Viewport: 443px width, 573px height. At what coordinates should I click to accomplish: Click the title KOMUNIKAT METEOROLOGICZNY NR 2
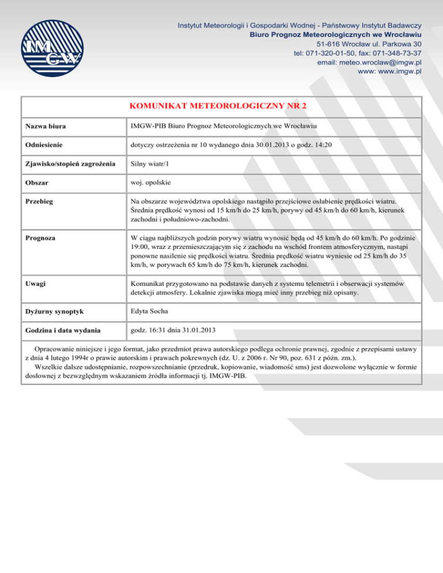pyautogui.click(x=221, y=106)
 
